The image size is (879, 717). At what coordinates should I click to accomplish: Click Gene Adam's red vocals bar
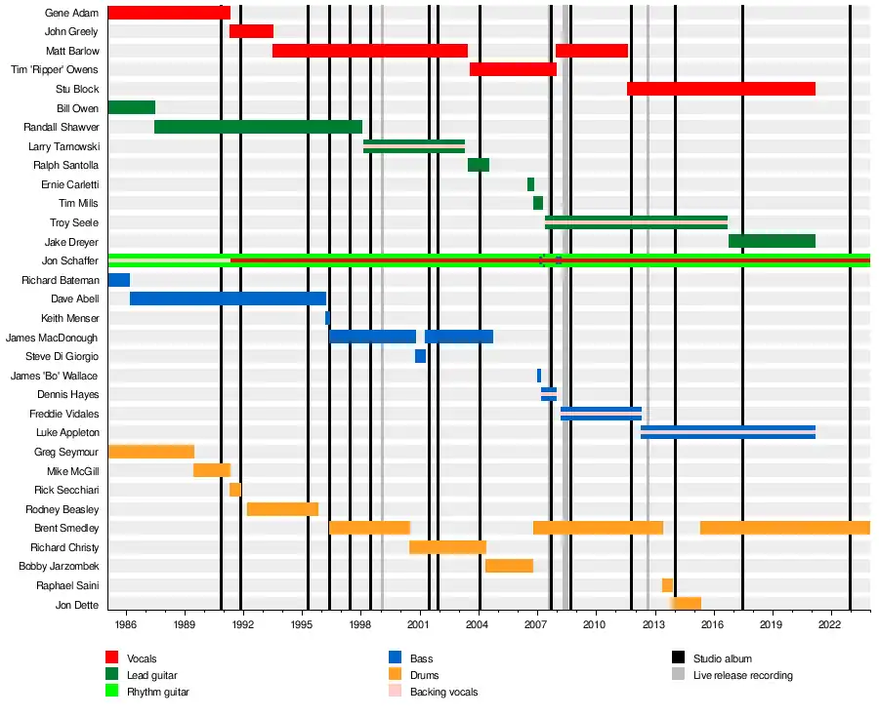coord(168,13)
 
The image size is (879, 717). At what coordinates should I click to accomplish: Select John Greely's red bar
coord(251,31)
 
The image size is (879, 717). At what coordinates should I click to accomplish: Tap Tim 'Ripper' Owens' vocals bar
coord(513,69)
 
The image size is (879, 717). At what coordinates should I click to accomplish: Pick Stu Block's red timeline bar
coord(721,89)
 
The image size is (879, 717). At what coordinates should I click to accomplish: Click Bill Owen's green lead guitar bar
coord(131,107)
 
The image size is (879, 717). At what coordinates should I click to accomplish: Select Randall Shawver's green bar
coord(258,127)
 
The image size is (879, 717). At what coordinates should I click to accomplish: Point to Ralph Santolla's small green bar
coord(479,165)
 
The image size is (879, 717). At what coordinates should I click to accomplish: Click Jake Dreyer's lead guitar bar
coord(772,241)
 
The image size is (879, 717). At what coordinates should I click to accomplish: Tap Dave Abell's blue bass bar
coord(228,299)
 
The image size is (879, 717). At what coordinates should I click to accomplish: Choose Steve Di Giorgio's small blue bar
coord(420,356)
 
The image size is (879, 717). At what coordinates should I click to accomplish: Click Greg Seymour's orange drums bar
coord(150,452)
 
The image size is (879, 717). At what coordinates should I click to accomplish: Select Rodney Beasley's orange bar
coord(282,509)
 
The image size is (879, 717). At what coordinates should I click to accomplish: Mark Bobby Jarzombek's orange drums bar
coord(509,566)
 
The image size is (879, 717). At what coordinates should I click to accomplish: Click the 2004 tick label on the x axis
coord(478,622)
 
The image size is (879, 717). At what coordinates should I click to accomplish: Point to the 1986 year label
coord(125,622)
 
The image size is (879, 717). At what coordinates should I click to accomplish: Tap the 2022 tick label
coord(830,622)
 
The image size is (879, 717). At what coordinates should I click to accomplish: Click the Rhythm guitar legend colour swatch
coord(112,692)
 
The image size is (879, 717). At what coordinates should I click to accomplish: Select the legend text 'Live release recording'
coord(742,675)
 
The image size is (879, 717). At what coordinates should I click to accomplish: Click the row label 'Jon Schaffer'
coord(70,260)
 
